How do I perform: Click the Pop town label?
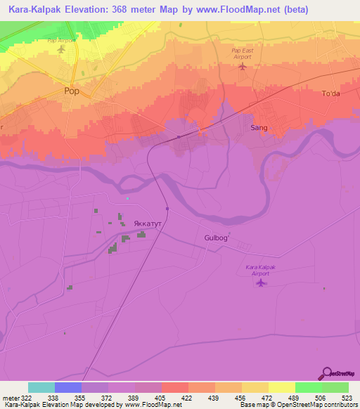tap(71, 91)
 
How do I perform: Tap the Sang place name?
tap(259, 128)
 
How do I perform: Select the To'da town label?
tap(330, 94)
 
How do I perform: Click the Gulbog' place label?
tap(217, 238)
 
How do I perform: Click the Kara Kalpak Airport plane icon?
tap(262, 283)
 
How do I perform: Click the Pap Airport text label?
tap(60, 41)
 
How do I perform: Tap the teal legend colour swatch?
tap(41, 387)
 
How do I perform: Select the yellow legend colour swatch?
tap(281, 387)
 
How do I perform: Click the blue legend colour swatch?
tap(68, 387)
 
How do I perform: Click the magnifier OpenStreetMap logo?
tap(327, 374)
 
